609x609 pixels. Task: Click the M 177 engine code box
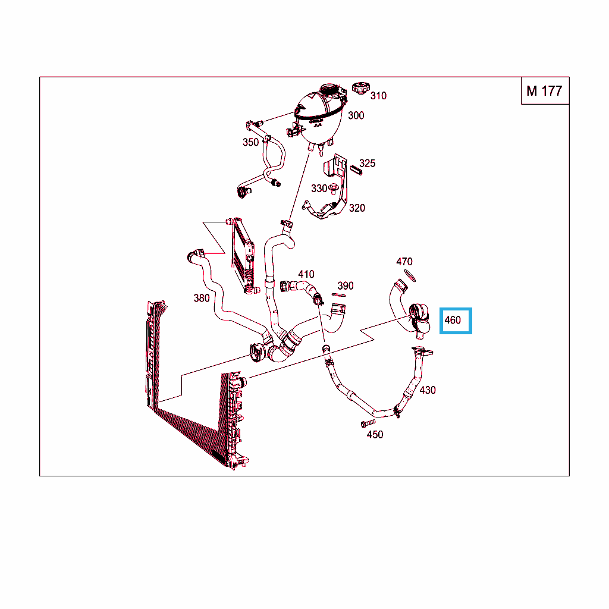coord(545,91)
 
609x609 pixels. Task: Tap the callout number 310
coord(378,96)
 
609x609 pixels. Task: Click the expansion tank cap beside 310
coord(361,88)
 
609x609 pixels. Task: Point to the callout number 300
coord(356,115)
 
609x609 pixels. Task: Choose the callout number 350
coord(250,142)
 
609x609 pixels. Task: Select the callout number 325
coord(367,163)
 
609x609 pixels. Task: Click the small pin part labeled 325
coord(356,170)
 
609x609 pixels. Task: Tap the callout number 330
coord(319,189)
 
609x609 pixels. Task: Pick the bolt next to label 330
coord(333,189)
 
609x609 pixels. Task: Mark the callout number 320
coord(357,208)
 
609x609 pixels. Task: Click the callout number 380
coord(201,298)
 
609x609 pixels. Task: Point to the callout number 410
coord(306,274)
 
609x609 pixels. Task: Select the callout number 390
coord(346,286)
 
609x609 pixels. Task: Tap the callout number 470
coord(404,262)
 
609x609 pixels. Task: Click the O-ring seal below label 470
coord(410,275)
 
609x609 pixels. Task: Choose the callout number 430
coord(427,390)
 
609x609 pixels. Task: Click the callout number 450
coord(375,434)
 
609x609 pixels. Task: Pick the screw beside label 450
coord(368,423)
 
